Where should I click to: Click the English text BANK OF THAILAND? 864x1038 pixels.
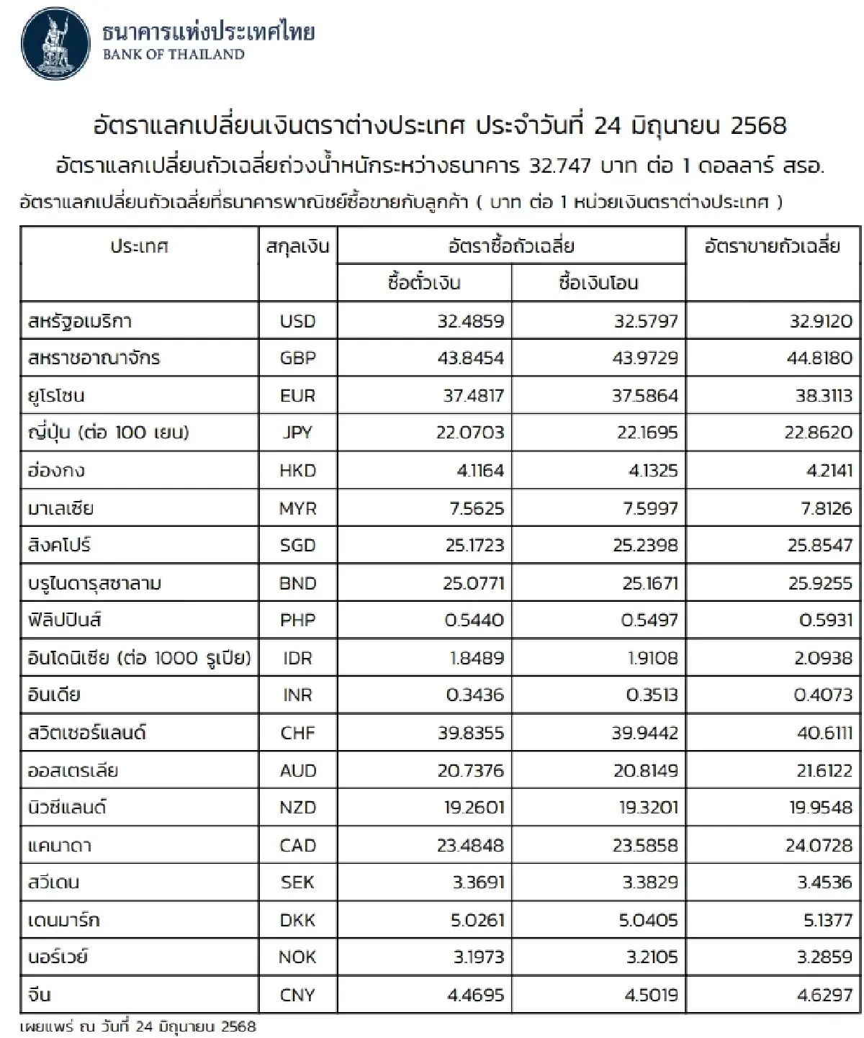point(174,55)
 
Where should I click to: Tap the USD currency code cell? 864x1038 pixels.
point(297,321)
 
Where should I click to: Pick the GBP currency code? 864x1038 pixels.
point(297,358)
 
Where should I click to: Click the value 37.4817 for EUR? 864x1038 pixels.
point(471,396)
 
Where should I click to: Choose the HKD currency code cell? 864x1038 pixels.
point(297,471)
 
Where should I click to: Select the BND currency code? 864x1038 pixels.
point(297,583)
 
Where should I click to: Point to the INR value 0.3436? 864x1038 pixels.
point(474,695)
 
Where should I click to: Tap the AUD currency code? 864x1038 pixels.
point(297,770)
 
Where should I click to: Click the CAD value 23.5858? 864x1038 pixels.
point(645,845)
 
